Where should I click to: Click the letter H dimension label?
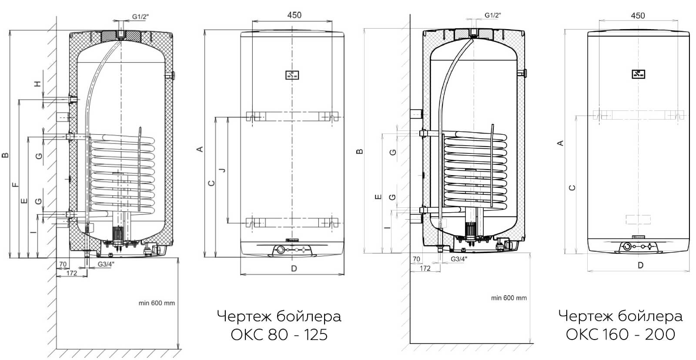(x=37, y=83)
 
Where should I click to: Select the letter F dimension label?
(x=15, y=185)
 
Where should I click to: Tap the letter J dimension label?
(x=222, y=170)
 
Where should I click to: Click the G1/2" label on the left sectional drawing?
(x=141, y=17)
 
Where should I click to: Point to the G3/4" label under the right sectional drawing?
(x=459, y=259)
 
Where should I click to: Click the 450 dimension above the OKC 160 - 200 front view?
(x=638, y=16)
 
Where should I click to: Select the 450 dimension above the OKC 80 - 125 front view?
(x=294, y=15)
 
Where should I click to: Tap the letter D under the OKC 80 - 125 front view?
(x=294, y=268)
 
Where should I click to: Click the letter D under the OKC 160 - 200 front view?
(x=640, y=265)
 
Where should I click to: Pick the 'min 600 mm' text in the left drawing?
(x=157, y=303)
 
